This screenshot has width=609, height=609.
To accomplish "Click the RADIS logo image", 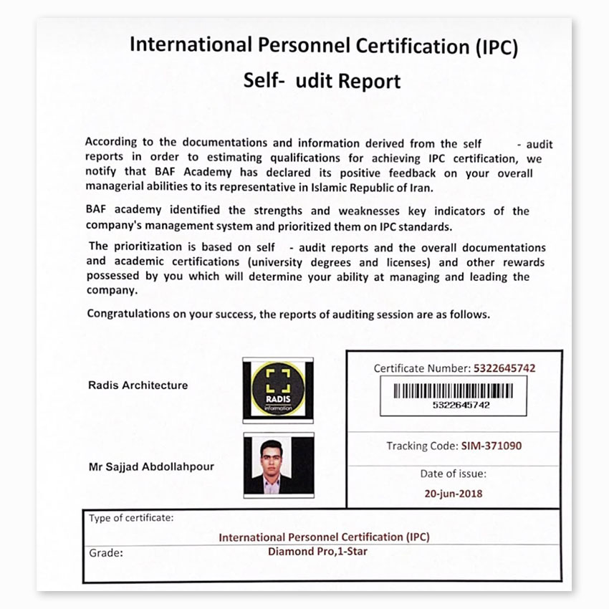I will coord(277,390).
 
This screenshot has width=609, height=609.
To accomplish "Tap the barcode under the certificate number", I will coord(452,391).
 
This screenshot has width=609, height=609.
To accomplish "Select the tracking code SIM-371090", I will coord(491,446).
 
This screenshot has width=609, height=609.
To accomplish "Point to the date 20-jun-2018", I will coord(453,494).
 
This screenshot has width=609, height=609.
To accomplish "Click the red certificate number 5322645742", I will coord(504,368).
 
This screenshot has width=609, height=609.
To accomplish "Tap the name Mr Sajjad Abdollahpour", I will coord(150,467).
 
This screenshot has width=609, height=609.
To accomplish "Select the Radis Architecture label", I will coord(138,385).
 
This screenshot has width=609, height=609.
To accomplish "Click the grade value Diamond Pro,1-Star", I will coord(324,552).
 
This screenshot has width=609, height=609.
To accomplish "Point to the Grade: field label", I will coord(106,553).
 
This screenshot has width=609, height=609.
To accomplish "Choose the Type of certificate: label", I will coord(131,517).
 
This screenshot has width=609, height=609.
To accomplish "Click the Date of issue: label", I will coord(453,474).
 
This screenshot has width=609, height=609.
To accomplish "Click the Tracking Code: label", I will coord(422,446).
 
